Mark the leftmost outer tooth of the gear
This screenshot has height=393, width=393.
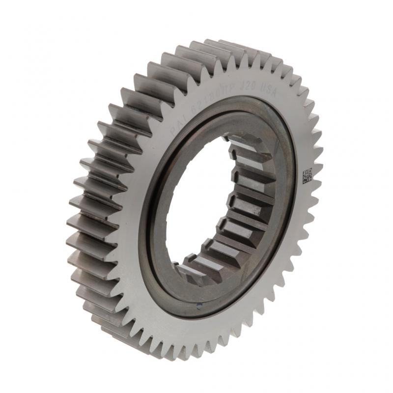pos(74,231)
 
